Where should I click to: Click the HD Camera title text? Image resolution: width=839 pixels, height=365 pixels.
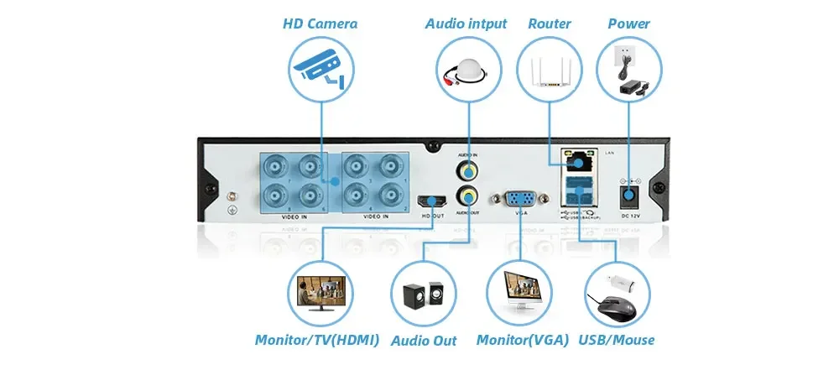pos(319,23)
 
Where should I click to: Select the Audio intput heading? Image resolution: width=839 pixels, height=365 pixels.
pos(466,23)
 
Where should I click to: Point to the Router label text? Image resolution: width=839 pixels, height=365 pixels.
pos(550,23)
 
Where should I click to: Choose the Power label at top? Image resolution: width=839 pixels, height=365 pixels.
pos(628,23)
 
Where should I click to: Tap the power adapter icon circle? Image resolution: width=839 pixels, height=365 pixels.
pos(628,69)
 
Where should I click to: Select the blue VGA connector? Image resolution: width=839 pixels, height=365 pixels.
pos(520,199)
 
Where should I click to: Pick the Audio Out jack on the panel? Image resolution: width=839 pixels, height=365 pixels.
pos(467,199)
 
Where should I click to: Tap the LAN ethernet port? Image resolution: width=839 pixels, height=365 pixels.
pos(579,160)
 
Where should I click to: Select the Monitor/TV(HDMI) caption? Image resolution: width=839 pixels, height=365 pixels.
pos(317,340)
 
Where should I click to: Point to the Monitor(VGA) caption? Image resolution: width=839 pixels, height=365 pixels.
pos(522,340)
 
